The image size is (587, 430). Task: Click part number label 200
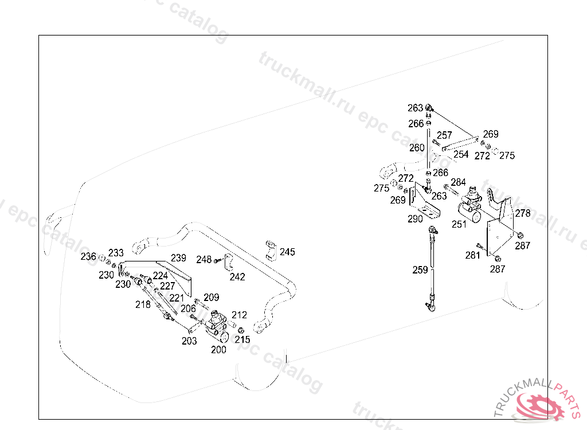click(x=218, y=350)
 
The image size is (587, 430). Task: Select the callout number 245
click(x=287, y=252)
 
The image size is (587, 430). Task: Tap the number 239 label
click(x=178, y=258)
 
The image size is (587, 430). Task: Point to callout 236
click(x=88, y=257)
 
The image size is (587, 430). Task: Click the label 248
click(x=204, y=260)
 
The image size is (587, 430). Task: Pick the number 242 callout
click(x=237, y=277)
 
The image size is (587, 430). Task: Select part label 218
click(x=143, y=304)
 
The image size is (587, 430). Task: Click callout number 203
click(x=189, y=341)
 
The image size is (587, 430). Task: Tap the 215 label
click(x=242, y=339)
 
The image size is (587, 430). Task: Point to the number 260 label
click(x=417, y=148)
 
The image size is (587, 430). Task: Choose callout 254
click(x=461, y=154)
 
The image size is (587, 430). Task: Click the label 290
click(x=416, y=219)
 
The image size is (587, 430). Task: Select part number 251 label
click(x=459, y=225)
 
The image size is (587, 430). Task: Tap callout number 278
click(x=523, y=213)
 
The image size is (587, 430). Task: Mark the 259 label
click(x=420, y=269)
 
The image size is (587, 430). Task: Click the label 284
click(x=458, y=182)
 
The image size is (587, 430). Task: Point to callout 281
click(x=472, y=255)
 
